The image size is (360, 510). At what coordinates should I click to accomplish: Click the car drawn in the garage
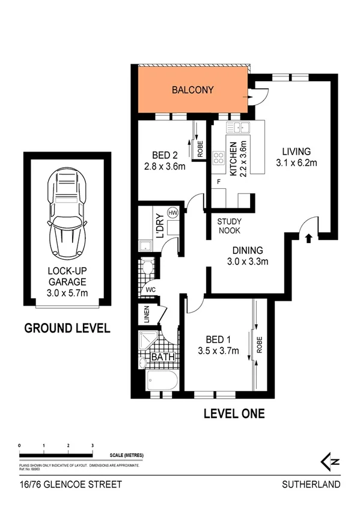click(67, 212)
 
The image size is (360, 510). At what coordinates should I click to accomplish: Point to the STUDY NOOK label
click(230, 225)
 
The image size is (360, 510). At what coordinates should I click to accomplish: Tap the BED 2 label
click(163, 155)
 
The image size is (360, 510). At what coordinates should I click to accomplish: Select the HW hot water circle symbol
click(173, 213)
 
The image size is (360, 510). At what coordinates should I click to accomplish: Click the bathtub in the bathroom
click(162, 381)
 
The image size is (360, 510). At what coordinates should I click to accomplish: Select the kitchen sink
click(242, 127)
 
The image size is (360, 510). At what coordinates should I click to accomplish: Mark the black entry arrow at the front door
click(309, 239)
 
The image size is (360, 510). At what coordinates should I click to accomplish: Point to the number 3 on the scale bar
click(92, 446)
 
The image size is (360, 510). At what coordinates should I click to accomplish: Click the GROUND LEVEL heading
click(67, 328)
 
